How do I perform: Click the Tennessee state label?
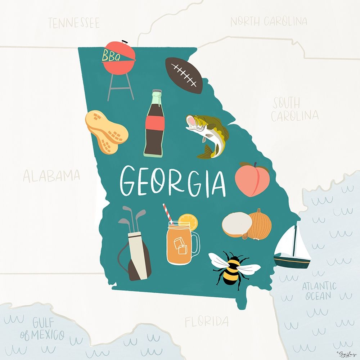click(x=74, y=23)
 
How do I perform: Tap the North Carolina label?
click(x=269, y=21)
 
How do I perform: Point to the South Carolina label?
click(x=294, y=109)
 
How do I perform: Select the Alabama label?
click(x=51, y=176)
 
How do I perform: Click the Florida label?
click(x=207, y=321)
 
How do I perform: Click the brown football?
click(x=184, y=75)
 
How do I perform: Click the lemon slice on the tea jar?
click(x=189, y=221)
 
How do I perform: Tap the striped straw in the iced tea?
click(x=168, y=213)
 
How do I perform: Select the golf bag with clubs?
click(x=135, y=248)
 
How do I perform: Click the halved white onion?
click(x=237, y=225)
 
